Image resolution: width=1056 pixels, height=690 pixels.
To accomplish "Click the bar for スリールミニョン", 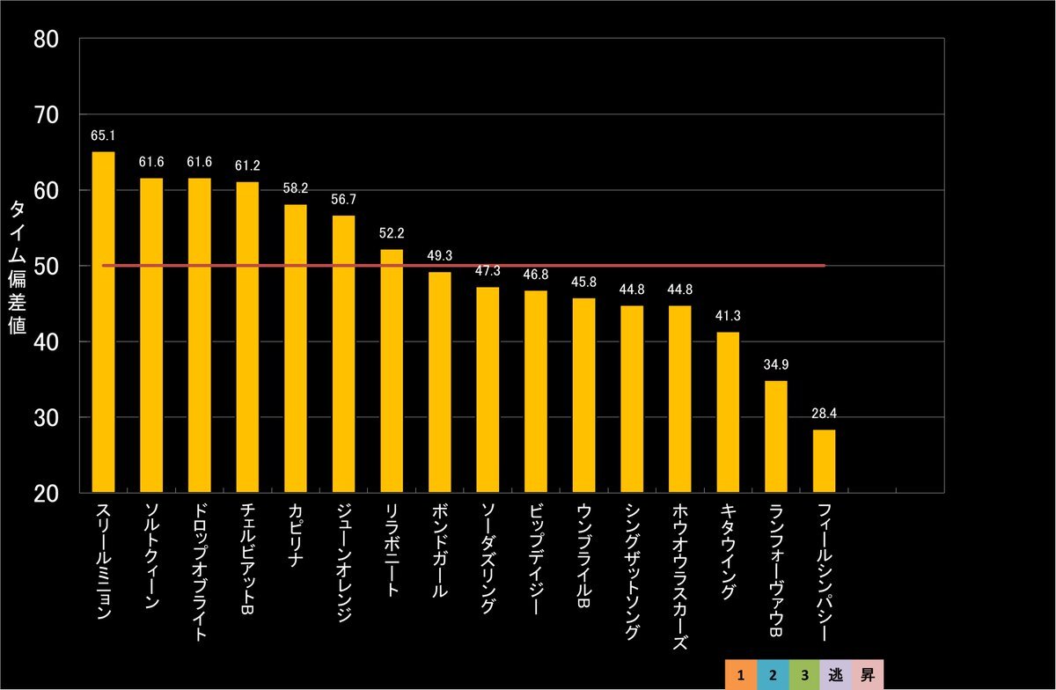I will [x=103, y=322].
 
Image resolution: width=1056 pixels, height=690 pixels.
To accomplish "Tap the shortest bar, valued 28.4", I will [x=824, y=461].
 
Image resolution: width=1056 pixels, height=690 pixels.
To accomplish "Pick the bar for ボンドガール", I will [x=439, y=382].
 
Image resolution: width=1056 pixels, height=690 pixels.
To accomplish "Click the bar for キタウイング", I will [x=728, y=412].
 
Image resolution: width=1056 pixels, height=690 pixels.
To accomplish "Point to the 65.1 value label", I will [x=103, y=136].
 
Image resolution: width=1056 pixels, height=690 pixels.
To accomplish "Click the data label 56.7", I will [x=343, y=200].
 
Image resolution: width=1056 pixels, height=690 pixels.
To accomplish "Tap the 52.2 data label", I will [x=392, y=233].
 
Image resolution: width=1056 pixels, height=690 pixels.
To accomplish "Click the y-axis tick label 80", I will [x=46, y=39].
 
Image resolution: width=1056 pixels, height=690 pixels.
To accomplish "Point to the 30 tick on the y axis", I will [x=46, y=417].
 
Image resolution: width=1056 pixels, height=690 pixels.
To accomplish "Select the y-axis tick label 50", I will [x=46, y=266].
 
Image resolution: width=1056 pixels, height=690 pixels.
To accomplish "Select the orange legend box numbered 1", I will [x=742, y=676].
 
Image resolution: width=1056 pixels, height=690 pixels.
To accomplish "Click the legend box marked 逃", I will [x=835, y=676].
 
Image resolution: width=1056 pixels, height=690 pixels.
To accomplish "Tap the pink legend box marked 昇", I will [x=867, y=676].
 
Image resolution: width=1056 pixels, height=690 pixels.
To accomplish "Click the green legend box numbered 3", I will [x=804, y=676].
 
